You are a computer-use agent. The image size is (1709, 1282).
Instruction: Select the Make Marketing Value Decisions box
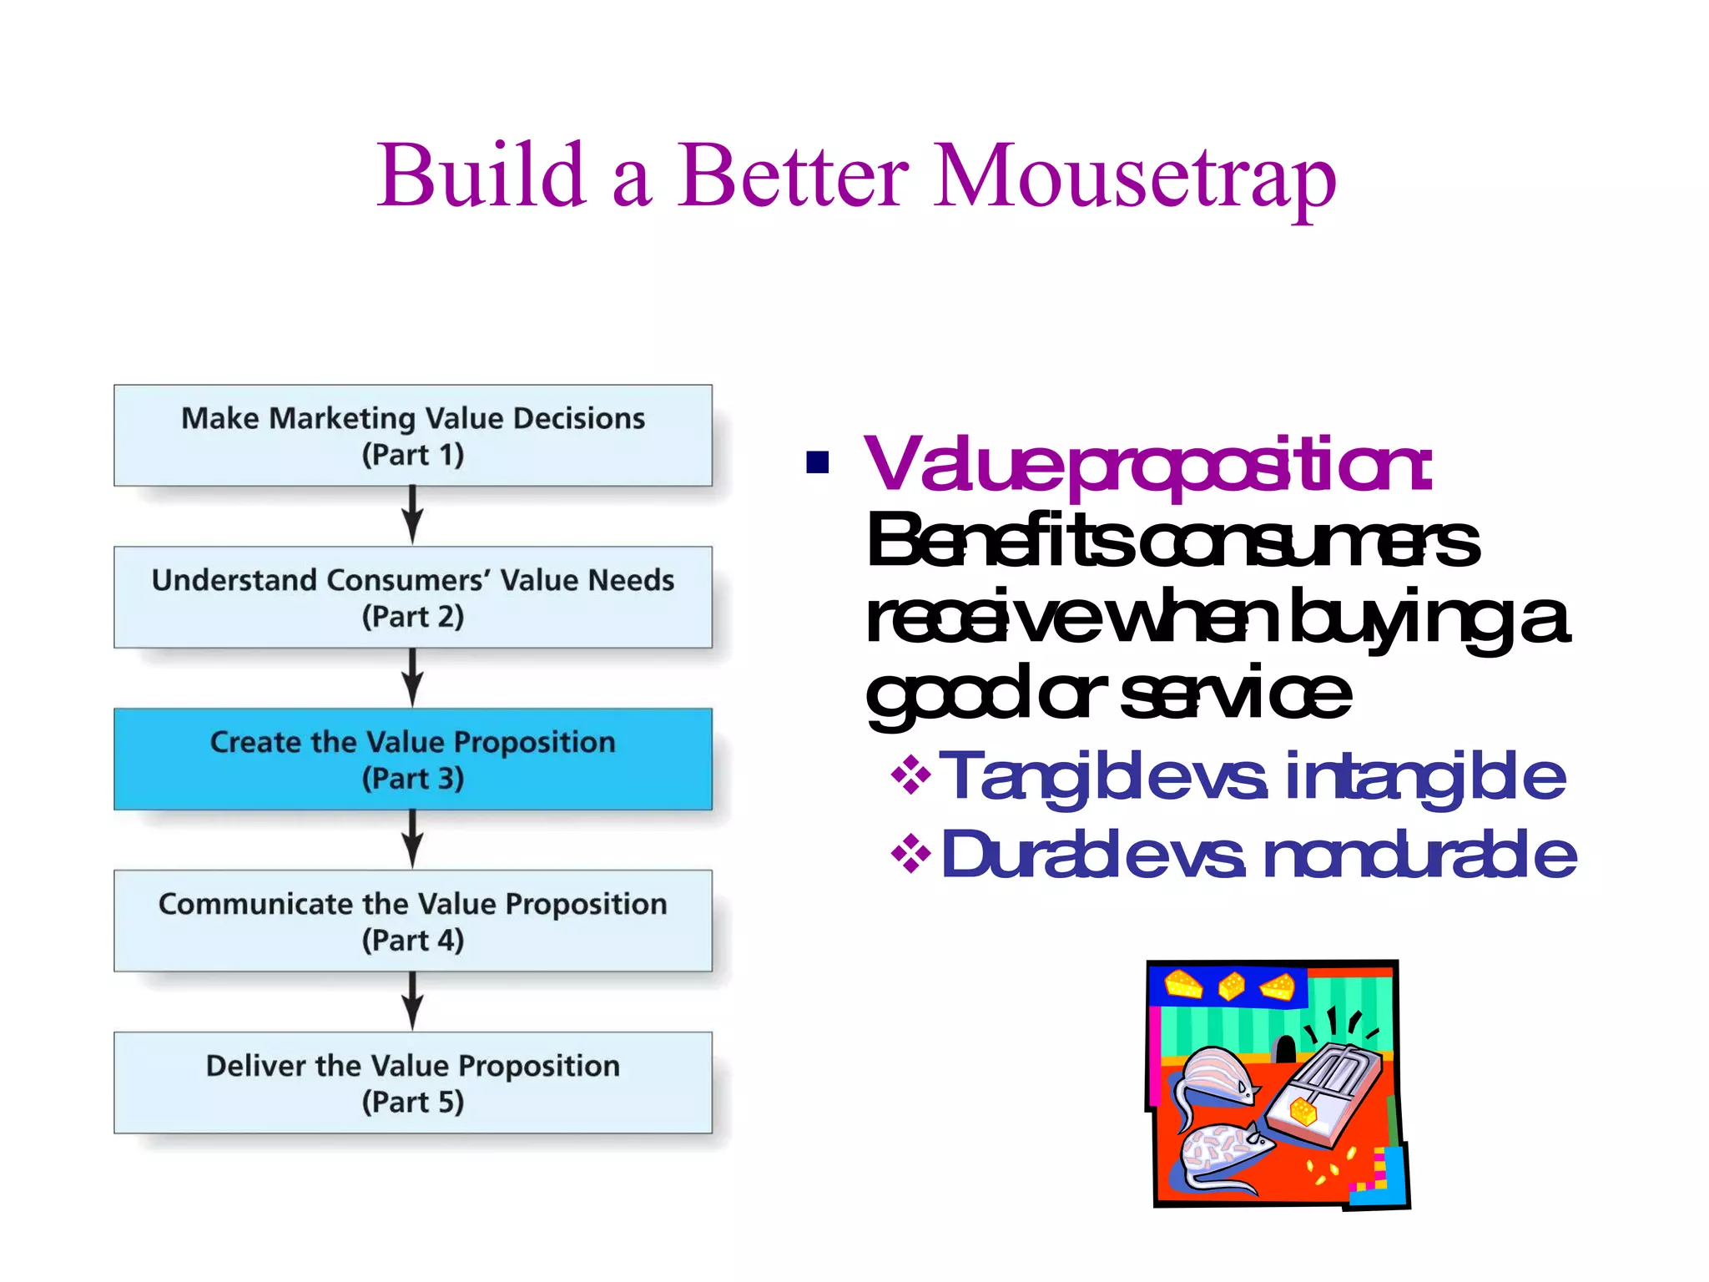point(413,436)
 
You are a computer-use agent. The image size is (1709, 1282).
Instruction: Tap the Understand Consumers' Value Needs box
point(413,598)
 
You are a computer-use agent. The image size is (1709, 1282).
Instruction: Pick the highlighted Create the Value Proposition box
point(413,760)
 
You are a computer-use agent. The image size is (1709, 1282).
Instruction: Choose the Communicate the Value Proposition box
point(413,921)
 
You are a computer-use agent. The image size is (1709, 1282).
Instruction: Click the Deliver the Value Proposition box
point(413,1083)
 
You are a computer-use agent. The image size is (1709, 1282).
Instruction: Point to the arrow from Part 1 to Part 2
point(412,516)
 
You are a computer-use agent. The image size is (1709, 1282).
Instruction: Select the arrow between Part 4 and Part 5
point(412,1002)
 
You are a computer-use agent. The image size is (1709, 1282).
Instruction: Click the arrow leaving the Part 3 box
point(412,840)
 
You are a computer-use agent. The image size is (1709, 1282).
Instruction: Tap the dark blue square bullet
point(817,462)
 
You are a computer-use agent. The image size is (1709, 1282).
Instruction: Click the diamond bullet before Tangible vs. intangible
point(910,775)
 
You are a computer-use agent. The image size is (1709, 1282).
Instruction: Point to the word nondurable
point(1419,856)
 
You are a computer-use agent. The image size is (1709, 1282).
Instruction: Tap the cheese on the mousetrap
point(1303,1111)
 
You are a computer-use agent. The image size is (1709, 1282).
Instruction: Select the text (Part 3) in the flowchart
point(413,779)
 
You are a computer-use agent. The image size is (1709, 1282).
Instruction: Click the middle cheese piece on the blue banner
point(1232,986)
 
